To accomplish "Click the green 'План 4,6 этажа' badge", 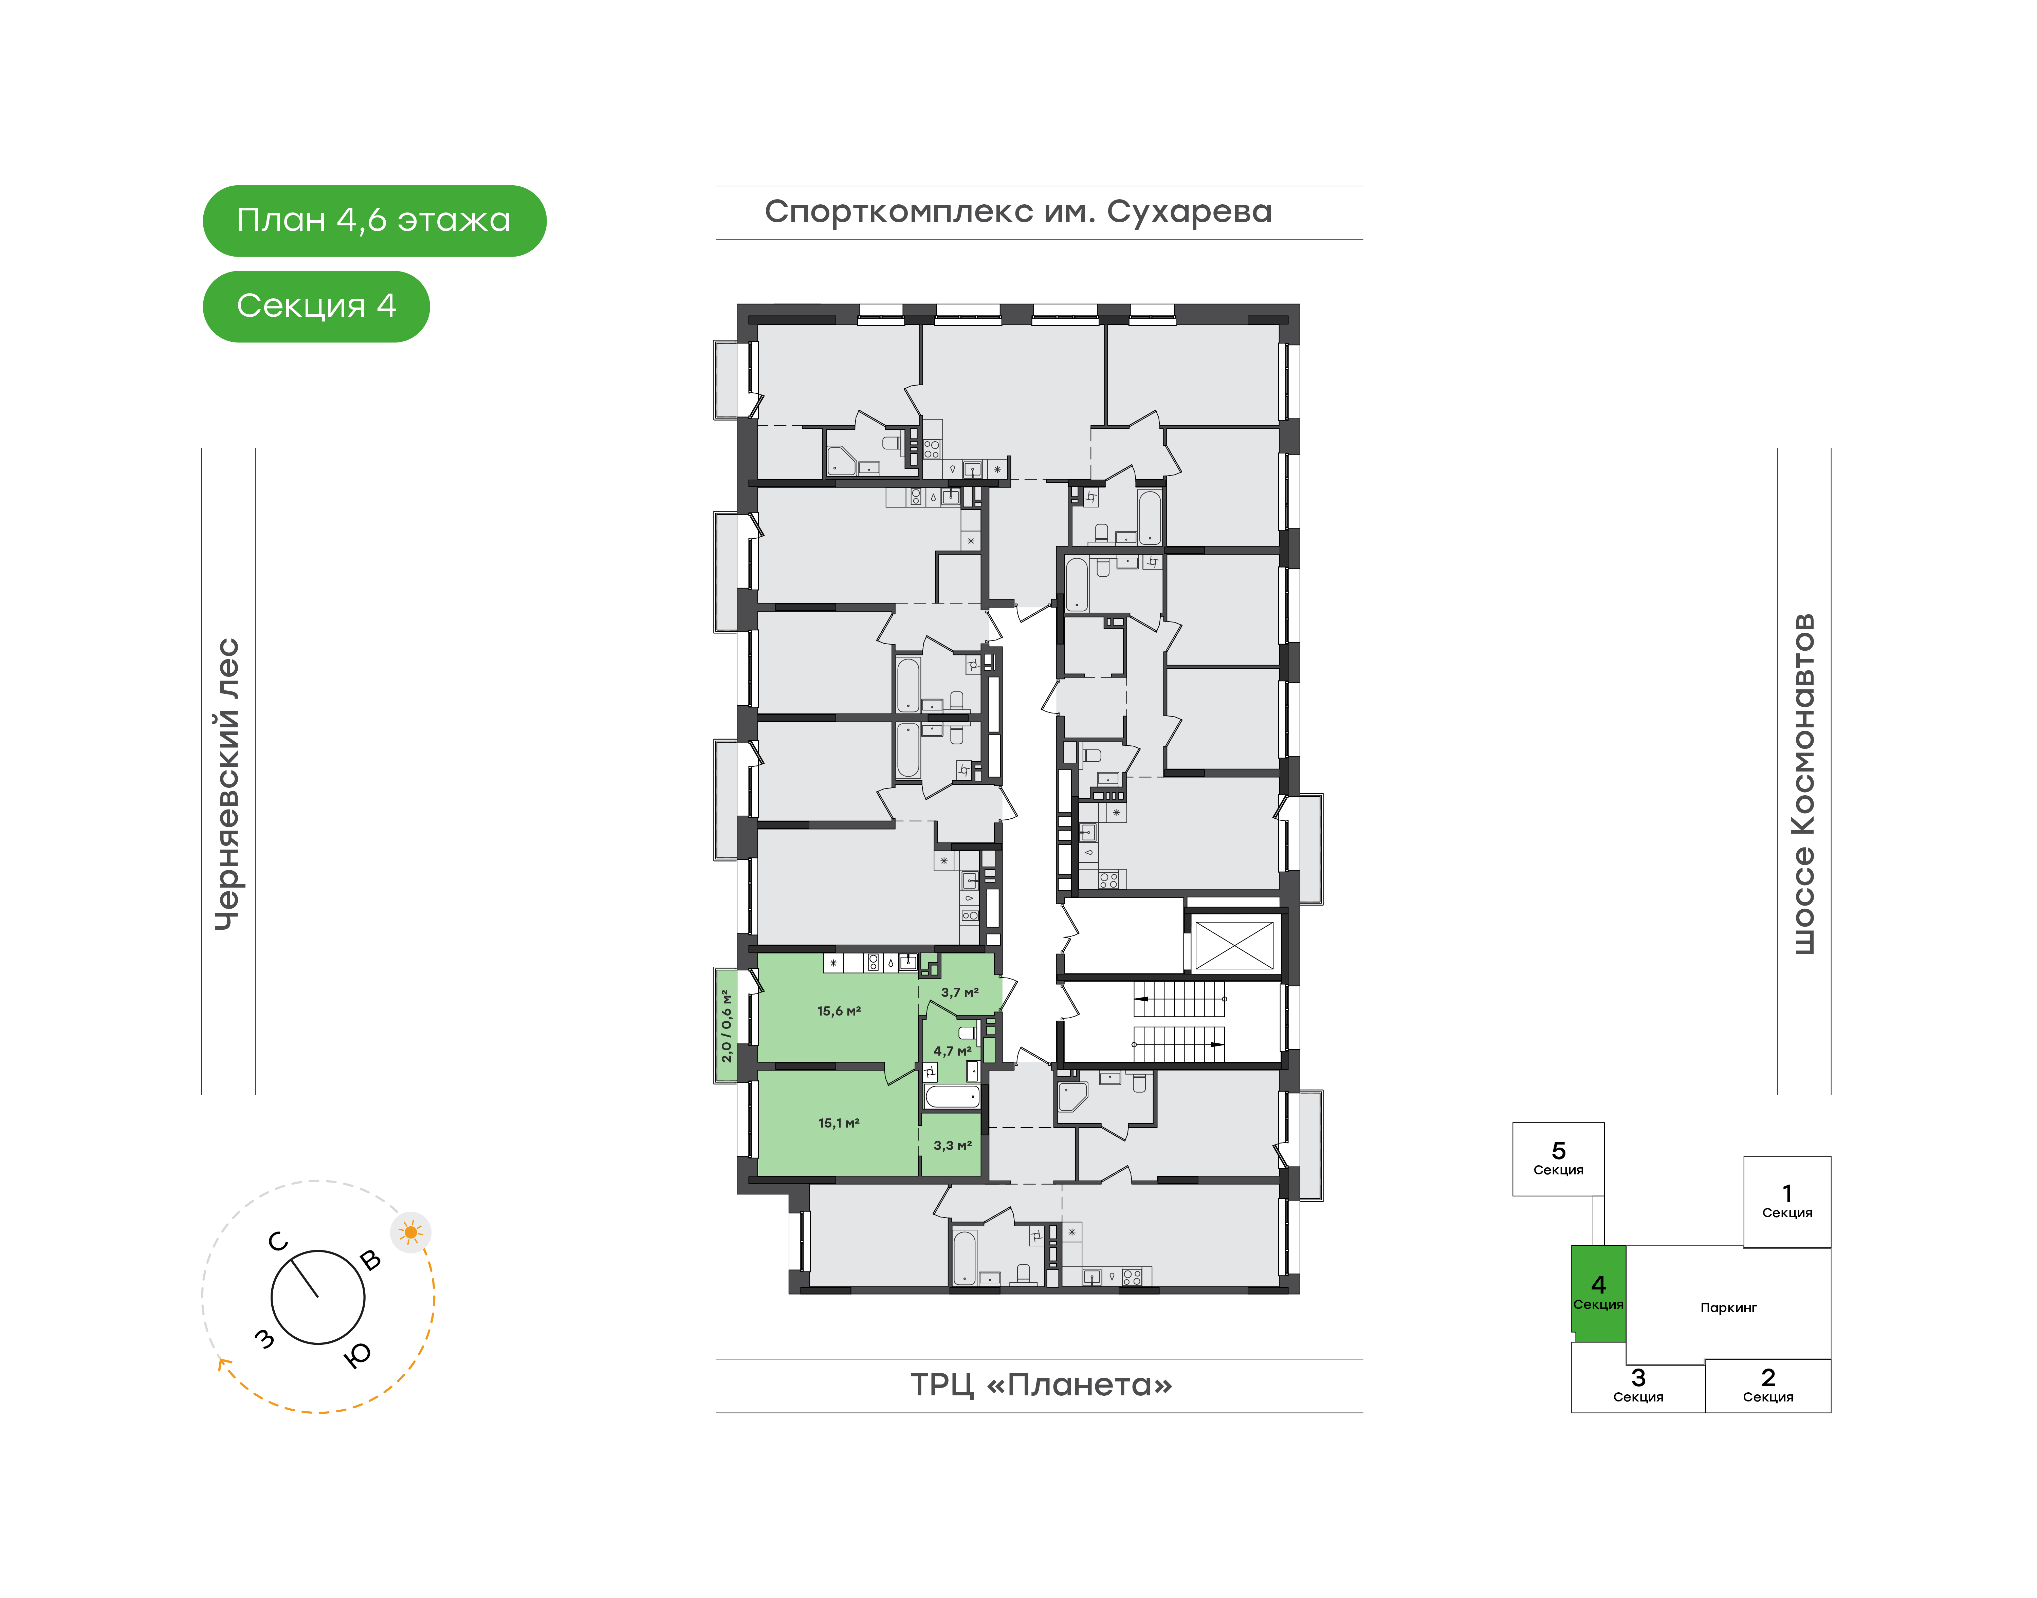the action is tap(374, 221).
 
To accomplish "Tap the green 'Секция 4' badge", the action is tap(316, 306).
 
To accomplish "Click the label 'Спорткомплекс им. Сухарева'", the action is tap(1018, 212).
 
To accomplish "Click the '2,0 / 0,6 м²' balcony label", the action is tap(726, 1025).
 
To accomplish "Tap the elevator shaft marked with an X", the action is tap(1235, 945).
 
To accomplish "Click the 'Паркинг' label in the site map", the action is tap(1728, 1308).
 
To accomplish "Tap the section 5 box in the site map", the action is tap(1558, 1159).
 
